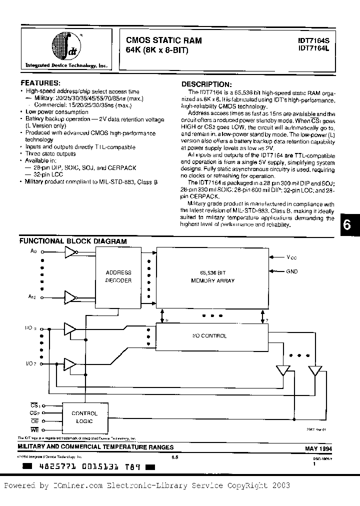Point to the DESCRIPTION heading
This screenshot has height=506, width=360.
206,84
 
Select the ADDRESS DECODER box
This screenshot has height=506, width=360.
118,276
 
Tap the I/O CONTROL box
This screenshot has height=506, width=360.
209,335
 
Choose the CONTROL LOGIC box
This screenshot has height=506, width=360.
84,417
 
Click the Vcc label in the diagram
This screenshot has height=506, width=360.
291,257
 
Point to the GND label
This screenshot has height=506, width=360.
291,271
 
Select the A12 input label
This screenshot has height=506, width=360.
33,296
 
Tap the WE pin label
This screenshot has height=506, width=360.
34,429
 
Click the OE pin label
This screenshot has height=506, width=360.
34,421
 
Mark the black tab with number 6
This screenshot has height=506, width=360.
348,225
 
